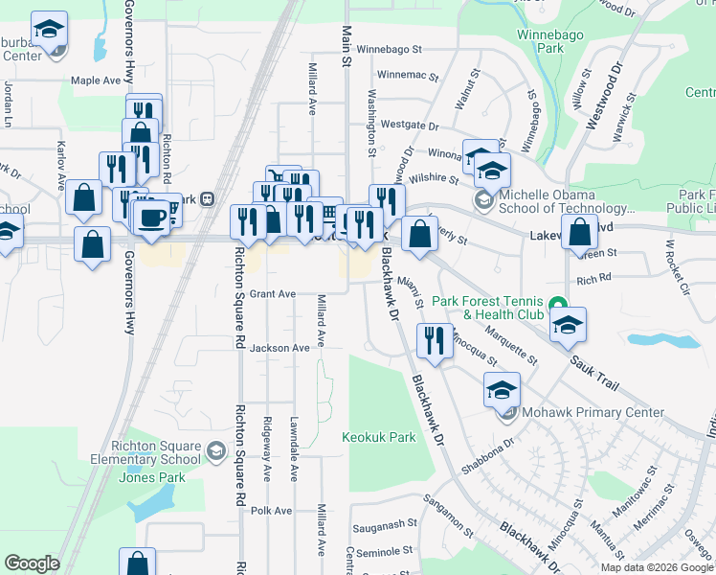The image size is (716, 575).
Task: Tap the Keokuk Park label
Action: pyautogui.click(x=379, y=437)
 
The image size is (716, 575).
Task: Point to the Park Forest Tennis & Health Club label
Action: pyautogui.click(x=488, y=308)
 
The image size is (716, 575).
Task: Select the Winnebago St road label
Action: pyautogui.click(x=397, y=49)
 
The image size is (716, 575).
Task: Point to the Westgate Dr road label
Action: pyautogui.click(x=409, y=126)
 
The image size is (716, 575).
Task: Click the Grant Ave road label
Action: pyautogui.click(x=273, y=294)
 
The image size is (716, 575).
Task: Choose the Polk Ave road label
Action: pyautogui.click(x=271, y=511)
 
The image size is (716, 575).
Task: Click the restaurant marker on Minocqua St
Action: pyautogui.click(x=435, y=341)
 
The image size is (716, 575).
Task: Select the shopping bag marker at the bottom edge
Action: pyautogui.click(x=138, y=563)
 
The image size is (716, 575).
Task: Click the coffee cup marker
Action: pyautogui.click(x=150, y=216)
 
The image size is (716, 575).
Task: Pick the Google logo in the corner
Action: pyautogui.click(x=32, y=563)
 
